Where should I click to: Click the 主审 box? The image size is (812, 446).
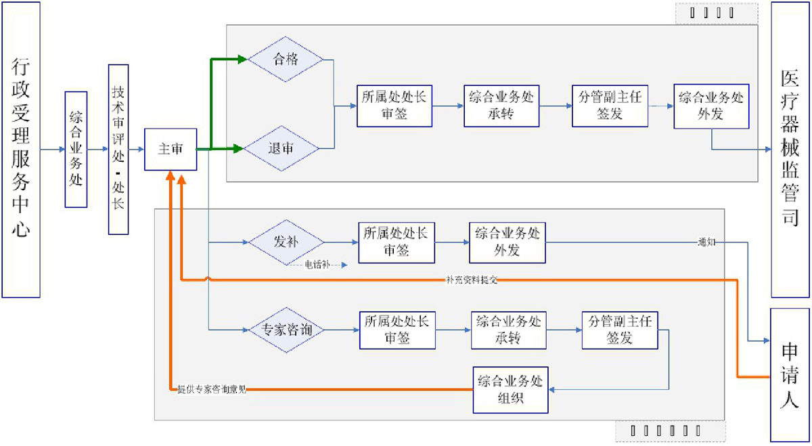[171, 150]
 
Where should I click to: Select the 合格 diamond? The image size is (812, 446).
[286, 60]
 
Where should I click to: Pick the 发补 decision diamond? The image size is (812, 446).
[286, 242]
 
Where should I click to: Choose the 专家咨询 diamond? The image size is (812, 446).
[284, 330]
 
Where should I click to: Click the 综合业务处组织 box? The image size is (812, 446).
[510, 390]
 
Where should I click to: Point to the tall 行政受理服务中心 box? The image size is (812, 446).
[21, 150]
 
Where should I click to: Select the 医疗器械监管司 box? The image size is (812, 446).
[790, 150]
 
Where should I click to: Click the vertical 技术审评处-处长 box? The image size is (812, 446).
[118, 150]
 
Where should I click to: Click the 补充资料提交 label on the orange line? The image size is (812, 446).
[472, 280]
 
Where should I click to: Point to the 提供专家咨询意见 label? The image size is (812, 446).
[212, 390]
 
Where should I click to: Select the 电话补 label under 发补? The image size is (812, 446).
[317, 265]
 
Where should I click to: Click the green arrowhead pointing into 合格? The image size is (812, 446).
[242, 60]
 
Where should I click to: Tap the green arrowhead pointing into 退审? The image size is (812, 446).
[238, 148]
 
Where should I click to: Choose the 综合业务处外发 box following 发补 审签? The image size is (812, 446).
[507, 242]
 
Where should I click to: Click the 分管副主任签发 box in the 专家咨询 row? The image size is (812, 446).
[619, 330]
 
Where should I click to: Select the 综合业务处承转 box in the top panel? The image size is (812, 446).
[501, 106]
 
